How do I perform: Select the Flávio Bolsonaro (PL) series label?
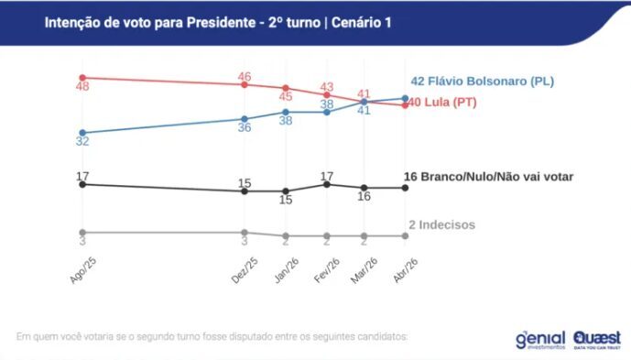[x=481, y=82]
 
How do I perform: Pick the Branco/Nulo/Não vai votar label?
[x=488, y=176]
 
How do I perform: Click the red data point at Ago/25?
[x=82, y=78]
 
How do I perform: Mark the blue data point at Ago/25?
[x=82, y=133]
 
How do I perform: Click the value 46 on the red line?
[x=245, y=76]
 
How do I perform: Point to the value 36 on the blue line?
[x=245, y=127]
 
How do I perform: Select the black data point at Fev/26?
[x=327, y=184]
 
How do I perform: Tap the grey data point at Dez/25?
[x=245, y=233]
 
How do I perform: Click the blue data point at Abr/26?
[x=405, y=98]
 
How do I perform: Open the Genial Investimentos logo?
[x=540, y=339]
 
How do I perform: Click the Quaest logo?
[x=596, y=339]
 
